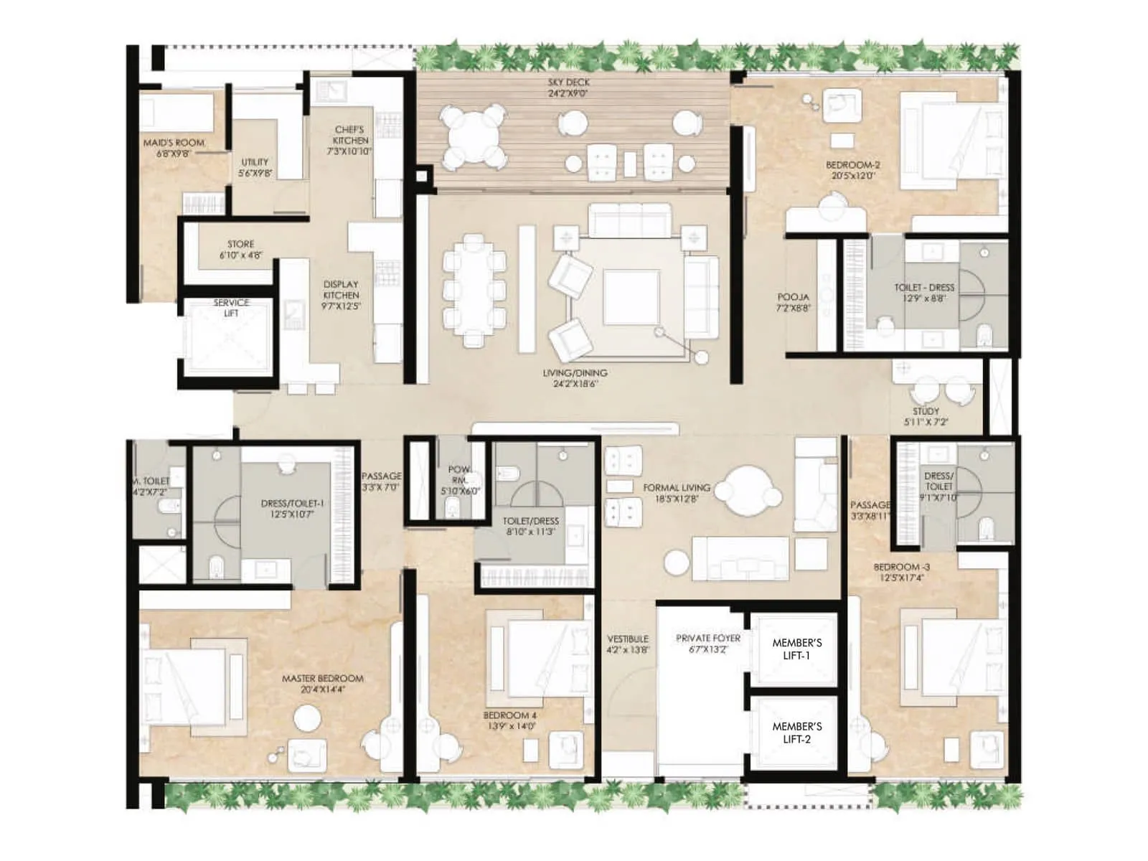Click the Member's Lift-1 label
click(796, 649)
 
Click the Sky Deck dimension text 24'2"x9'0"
click(568, 93)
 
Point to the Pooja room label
click(793, 297)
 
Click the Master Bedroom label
click(322, 678)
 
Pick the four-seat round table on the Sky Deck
click(473, 134)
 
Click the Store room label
click(240, 244)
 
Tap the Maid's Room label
click(174, 143)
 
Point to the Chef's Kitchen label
click(349, 130)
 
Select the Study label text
click(926, 411)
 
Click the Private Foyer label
click(707, 638)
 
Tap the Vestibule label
click(628, 639)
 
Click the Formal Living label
click(677, 487)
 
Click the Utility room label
click(255, 162)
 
